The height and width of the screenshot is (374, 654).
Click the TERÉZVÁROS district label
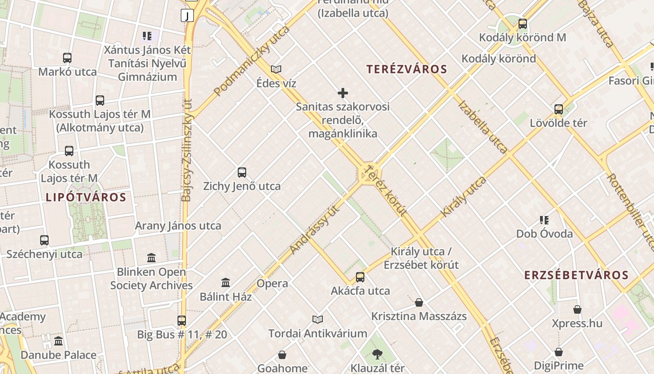click(406, 70)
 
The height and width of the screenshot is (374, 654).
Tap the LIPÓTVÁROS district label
click(86, 197)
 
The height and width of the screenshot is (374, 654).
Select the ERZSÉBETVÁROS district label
click(576, 275)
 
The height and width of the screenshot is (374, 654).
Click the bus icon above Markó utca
click(67, 58)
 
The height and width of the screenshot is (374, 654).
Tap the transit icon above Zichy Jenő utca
click(242, 173)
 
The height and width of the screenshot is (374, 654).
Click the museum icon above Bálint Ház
click(226, 283)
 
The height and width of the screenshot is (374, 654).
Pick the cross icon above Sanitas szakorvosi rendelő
click(343, 93)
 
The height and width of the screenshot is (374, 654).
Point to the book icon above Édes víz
click(276, 70)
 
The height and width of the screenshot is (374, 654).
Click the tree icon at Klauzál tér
click(377, 355)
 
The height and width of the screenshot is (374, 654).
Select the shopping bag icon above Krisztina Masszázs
click(419, 302)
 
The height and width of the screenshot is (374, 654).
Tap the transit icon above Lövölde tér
click(558, 109)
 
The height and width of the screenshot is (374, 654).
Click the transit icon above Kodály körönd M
click(522, 24)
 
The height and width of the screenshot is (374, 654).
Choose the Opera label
click(272, 283)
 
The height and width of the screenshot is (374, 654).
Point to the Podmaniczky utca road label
click(252, 61)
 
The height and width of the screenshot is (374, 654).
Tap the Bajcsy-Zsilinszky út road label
click(187, 150)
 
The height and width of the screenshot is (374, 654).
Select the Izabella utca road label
click(483, 126)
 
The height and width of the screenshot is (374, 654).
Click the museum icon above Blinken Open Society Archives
click(151, 258)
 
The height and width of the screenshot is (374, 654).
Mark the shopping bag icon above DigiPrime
click(558, 352)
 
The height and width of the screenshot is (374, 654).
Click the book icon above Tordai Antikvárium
click(318, 319)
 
